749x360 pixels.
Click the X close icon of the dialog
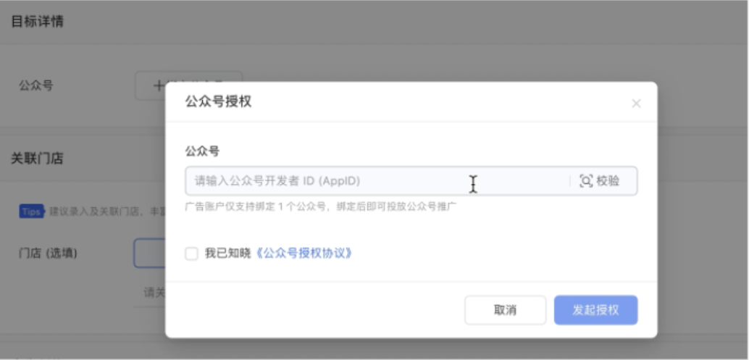[636, 104]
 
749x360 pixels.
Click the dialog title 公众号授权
[218, 102]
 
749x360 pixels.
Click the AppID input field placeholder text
[277, 181]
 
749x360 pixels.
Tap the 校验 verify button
[608, 181]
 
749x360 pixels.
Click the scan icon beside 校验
[586, 181]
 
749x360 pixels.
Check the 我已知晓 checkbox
[191, 254]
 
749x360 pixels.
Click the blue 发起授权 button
[595, 310]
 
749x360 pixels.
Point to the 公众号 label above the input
[202, 151]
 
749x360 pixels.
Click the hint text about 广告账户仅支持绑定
[321, 206]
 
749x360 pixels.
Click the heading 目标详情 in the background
[37, 21]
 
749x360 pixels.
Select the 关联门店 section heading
[37, 159]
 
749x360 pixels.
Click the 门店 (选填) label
[48, 253]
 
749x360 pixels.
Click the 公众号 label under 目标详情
[35, 85]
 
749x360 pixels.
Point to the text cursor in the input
[473, 184]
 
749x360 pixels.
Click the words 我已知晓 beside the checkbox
[227, 254]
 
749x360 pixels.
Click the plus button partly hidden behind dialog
[151, 85]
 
